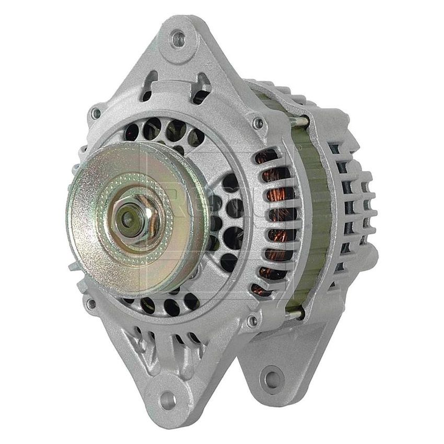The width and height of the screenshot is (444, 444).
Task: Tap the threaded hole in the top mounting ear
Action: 179,38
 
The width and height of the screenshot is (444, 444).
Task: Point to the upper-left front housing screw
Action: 95,112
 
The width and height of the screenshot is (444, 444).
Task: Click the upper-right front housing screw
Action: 256,123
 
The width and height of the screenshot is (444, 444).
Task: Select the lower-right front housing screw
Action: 253,319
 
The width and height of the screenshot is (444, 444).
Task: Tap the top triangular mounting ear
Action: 178,52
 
